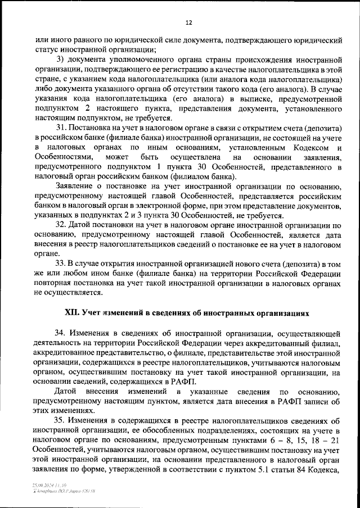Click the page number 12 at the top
[x=188, y=22]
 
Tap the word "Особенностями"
[x=62, y=157]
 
